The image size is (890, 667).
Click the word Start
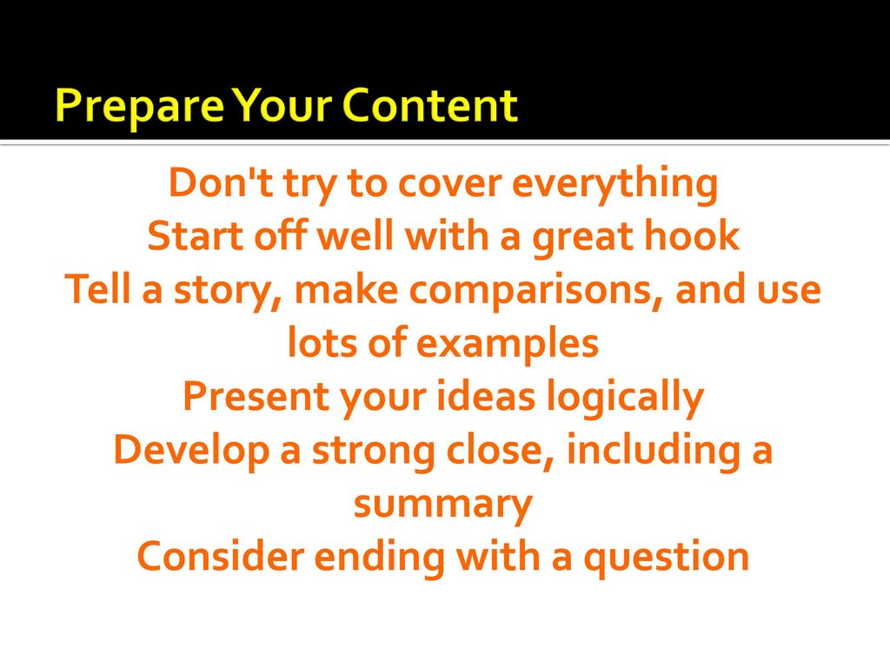click(190, 237)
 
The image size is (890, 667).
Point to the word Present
click(249, 398)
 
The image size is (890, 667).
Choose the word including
click(648, 452)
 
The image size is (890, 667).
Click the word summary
click(442, 506)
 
